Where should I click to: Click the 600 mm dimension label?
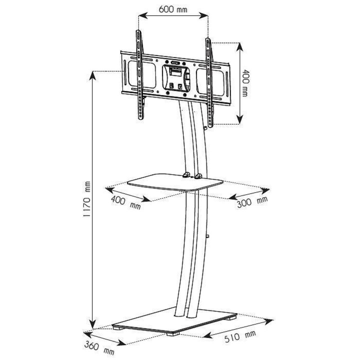(173, 8)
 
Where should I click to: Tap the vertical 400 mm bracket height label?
(245, 83)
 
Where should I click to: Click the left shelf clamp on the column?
(186, 175)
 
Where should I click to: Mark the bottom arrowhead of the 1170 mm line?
(92, 323)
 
